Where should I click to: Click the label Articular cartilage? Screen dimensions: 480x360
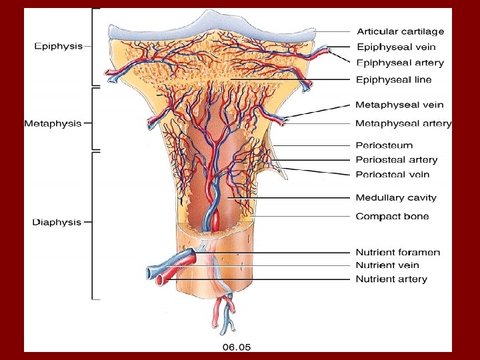pos(400,31)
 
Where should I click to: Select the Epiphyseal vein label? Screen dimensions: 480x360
pos(395,47)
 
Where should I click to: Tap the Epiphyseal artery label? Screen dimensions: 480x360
pos(400,63)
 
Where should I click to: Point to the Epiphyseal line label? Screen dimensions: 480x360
pos(394,79)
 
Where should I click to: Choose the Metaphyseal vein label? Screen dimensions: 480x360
pos(399,105)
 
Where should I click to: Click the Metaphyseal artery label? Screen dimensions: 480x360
pos(403,123)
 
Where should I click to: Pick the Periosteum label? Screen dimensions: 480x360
pos(384,145)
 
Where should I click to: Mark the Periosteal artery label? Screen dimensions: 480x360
pos(397,159)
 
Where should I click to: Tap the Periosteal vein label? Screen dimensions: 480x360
pos(392,175)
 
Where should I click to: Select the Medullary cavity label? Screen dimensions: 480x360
pos(396,197)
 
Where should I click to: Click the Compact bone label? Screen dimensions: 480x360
pos(392,216)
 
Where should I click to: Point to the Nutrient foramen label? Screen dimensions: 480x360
pos(398,252)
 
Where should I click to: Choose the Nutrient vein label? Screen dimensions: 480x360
pos(388,265)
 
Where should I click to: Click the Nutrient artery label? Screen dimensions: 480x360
pos(391,279)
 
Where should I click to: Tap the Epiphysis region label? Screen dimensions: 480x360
pos(59,46)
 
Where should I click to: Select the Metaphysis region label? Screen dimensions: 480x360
pos(53,123)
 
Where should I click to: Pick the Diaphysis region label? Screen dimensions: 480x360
pos(57,222)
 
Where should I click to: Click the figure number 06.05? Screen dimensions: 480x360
pos(236,347)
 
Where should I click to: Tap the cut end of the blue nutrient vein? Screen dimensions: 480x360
pos(151,273)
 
